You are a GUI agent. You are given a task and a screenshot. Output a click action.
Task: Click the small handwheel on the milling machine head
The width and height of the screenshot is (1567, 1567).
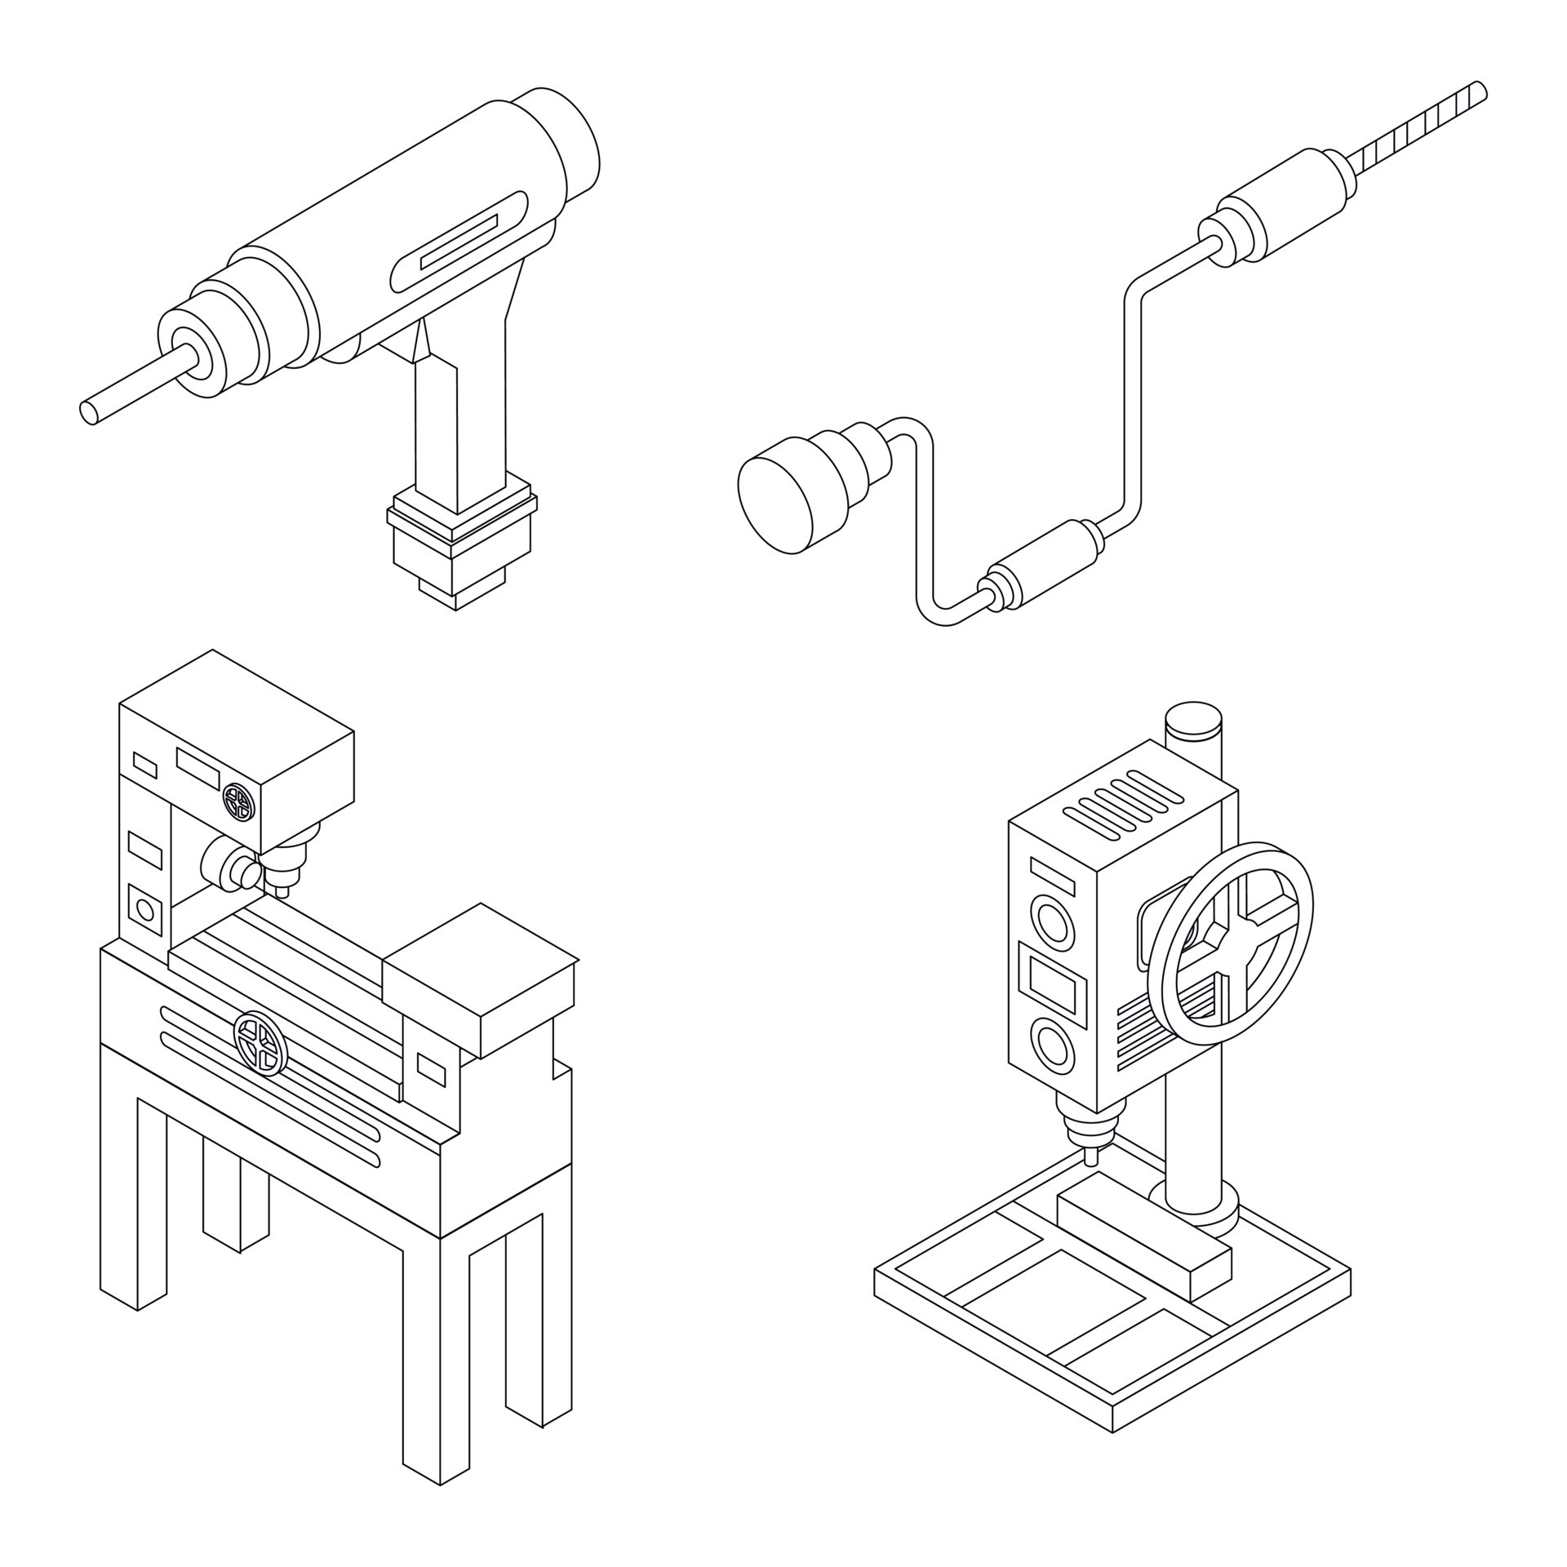coord(240,802)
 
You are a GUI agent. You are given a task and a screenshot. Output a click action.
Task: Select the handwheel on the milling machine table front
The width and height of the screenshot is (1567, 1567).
coord(260,1041)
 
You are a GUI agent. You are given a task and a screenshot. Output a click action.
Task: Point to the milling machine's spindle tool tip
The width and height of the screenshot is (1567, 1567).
coord(282,892)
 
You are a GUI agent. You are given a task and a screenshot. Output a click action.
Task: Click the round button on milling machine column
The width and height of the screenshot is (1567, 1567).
coord(145,908)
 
